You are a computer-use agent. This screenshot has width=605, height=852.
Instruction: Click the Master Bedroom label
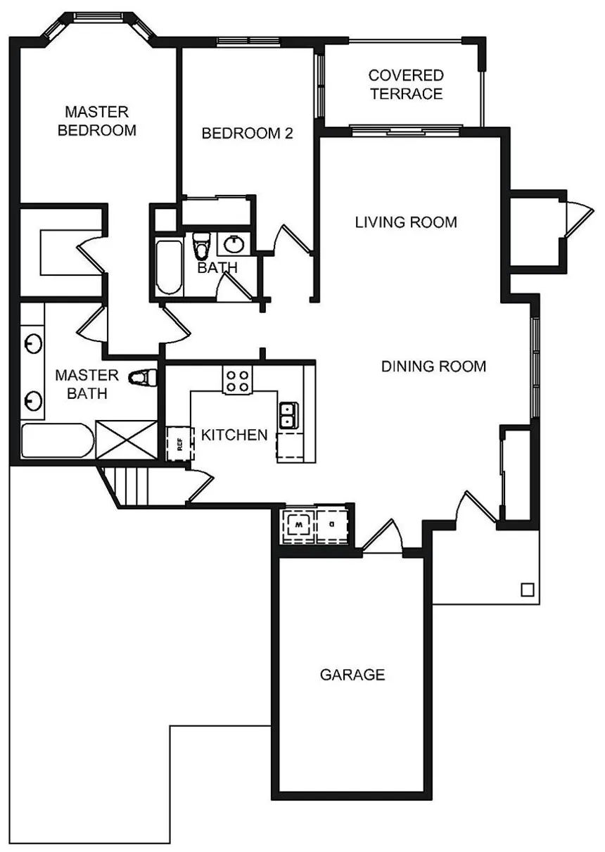coord(97,121)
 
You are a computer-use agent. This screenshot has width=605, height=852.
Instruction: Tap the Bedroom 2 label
coord(247,133)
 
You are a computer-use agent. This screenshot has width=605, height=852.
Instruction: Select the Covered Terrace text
coord(406,84)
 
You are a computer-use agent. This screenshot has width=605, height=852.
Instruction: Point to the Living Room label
coord(406,222)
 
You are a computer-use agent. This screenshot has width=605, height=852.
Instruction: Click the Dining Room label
coord(433,367)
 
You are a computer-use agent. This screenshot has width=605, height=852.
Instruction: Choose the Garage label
coord(352,675)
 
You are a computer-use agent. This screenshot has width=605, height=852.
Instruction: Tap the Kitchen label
coord(234,435)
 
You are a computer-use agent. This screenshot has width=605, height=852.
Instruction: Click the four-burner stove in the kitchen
coord(238,381)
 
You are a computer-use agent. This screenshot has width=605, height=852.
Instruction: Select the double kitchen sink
coord(288,415)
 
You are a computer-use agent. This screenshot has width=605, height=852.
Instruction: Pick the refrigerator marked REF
coord(180,443)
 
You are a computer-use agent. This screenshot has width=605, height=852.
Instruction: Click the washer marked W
coord(299,525)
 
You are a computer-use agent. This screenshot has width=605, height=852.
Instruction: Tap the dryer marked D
coord(332,525)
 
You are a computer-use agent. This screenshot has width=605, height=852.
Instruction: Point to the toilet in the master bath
coord(143,378)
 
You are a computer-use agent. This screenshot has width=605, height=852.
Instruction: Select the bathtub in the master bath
coord(58,440)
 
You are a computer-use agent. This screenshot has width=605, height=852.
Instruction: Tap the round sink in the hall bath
coord(233,244)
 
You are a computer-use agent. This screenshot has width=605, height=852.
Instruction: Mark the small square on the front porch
coord(528,590)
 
